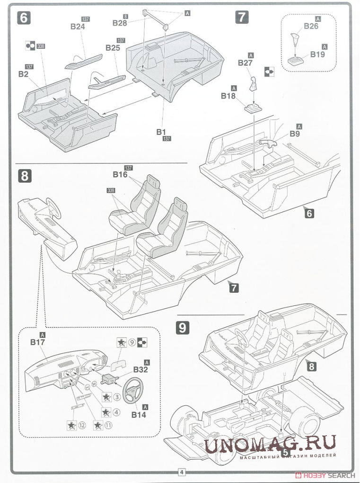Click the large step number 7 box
tap(241, 18)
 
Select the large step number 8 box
tap(25, 176)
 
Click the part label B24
tap(78, 27)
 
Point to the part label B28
tap(120, 23)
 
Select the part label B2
tap(23, 74)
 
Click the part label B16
tap(120, 175)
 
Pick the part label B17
tap(37, 341)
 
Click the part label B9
tap(296, 134)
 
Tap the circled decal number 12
tap(82, 425)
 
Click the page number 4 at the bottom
tap(182, 472)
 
